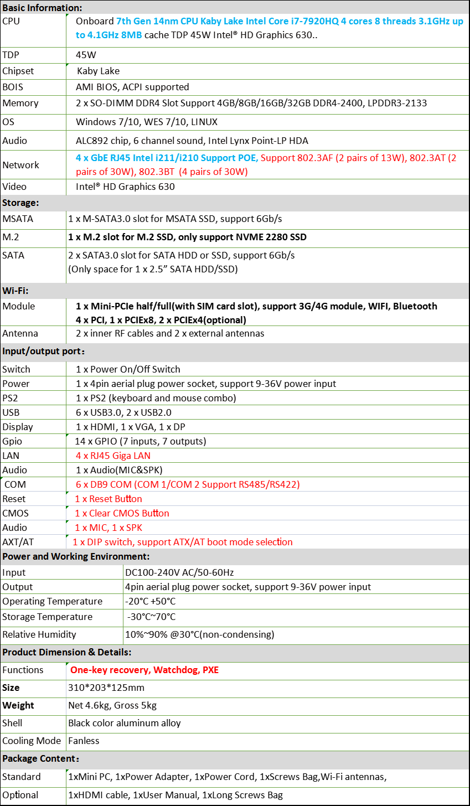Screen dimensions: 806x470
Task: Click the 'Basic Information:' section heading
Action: pos(42,8)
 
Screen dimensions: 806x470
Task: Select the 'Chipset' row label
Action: pos(18,71)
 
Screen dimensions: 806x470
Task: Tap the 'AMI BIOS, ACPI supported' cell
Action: pos(132,87)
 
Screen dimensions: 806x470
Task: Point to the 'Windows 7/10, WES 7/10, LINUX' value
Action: pos(147,122)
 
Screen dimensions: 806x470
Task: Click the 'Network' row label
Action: pos(21,165)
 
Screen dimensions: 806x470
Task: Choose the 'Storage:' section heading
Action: pos(20,203)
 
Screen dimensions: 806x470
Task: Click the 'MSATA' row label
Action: pos(18,219)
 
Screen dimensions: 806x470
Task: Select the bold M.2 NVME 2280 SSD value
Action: pos(187,237)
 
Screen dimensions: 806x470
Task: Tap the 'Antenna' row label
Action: pos(20,333)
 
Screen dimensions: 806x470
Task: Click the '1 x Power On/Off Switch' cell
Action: pos(128,369)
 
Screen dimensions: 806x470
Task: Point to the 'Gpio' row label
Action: pos(13,441)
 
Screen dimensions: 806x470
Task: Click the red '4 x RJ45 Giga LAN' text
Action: pos(113,456)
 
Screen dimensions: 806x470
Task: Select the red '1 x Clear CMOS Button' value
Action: pos(122,513)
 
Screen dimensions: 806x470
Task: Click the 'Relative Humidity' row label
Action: pos(39,634)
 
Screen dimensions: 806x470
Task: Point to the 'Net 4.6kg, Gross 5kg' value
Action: pos(112,705)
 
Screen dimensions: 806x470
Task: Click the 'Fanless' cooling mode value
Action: pos(84,741)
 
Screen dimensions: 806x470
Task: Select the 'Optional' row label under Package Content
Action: pos(20,795)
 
